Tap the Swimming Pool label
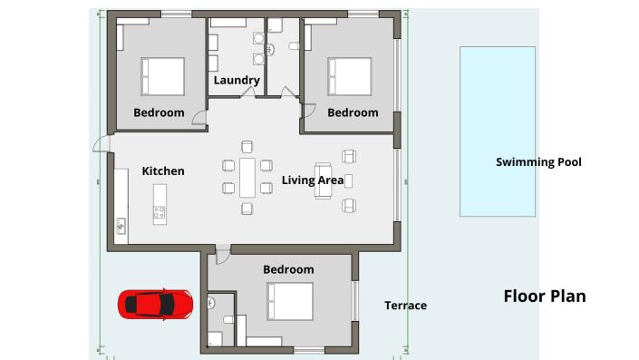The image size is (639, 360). (x=538, y=162)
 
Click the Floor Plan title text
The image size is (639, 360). (x=544, y=297)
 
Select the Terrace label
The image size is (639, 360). (x=405, y=306)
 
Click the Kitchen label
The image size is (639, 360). (x=163, y=170)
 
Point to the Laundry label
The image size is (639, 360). (x=237, y=81)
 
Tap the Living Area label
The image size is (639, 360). (x=312, y=180)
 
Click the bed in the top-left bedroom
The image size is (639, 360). (x=162, y=76)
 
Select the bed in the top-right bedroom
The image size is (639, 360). (x=350, y=76)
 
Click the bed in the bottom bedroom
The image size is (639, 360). (x=290, y=301)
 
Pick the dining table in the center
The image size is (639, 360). (x=247, y=177)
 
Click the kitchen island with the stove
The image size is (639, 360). (x=160, y=204)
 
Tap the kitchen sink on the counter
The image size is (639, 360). (x=121, y=225)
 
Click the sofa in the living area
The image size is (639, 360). (x=324, y=180)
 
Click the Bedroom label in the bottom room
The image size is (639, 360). (x=288, y=269)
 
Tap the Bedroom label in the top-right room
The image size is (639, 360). (x=353, y=112)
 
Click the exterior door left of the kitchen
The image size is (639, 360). (x=102, y=145)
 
